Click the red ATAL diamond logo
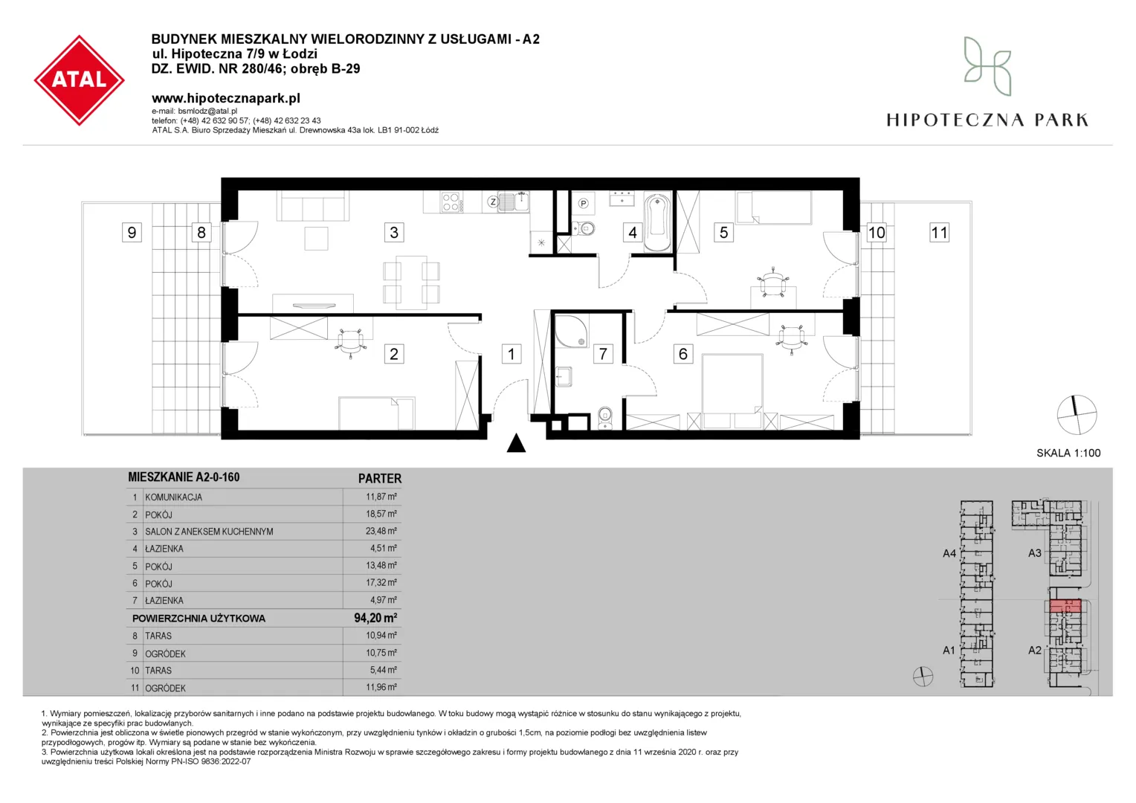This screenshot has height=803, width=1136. coord(79,80)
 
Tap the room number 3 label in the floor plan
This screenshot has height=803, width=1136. coord(394,232)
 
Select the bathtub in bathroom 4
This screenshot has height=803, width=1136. coord(657,222)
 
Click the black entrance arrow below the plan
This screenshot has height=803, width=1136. coord(516,443)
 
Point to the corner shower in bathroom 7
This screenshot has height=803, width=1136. coord(571,332)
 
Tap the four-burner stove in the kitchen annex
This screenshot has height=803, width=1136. coord(451,201)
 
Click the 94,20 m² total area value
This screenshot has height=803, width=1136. coord(375,618)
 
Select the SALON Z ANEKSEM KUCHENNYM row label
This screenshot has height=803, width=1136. coord(209,532)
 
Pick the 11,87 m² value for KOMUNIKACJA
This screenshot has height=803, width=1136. coord(381,497)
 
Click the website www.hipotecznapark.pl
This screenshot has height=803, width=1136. coord(226,98)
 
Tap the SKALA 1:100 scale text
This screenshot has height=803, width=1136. coord(1068,453)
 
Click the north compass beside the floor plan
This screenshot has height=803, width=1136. coord(1077,415)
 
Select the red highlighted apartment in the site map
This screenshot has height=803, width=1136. coord(1065,606)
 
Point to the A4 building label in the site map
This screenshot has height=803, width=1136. coord(949,553)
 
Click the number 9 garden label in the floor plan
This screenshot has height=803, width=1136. coord(132,232)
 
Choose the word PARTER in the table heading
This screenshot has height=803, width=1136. coord(380,478)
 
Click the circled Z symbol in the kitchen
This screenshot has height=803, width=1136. coord(492,202)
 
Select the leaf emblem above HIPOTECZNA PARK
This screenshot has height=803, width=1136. coord(987,66)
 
